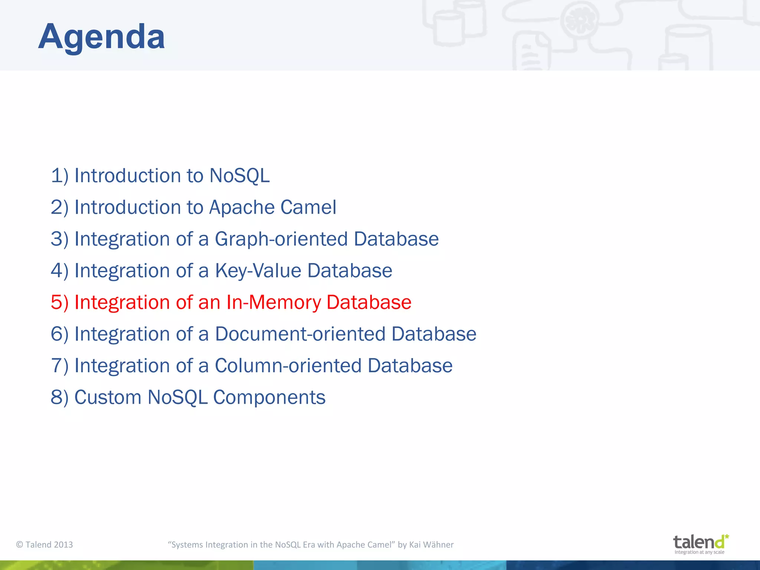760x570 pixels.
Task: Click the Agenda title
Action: coord(101,36)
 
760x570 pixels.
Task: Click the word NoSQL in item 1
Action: coord(239,176)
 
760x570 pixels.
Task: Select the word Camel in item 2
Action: coord(308,207)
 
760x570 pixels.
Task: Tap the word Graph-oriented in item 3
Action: coord(281,239)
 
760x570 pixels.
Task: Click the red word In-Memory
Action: coord(273,302)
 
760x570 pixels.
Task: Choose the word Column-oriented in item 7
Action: coord(288,366)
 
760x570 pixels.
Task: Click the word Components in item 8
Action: coord(269,397)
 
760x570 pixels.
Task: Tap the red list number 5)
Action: coord(59,302)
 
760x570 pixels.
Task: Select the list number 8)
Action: coord(59,397)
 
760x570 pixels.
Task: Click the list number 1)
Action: coord(59,176)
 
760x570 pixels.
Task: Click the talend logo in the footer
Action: coord(698,542)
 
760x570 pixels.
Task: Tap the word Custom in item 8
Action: coord(108,397)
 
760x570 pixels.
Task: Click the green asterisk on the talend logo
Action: coord(727,537)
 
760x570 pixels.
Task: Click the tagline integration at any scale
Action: coord(699,552)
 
